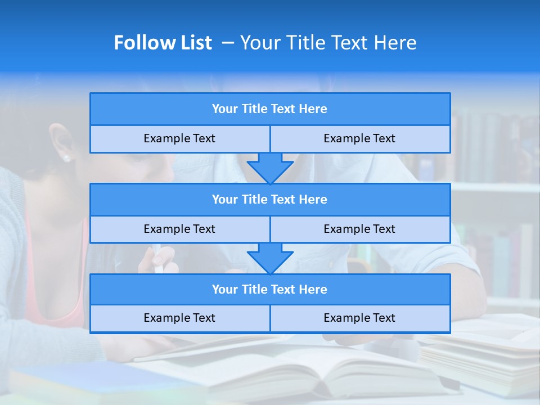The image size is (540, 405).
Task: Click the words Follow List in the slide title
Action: pos(163,43)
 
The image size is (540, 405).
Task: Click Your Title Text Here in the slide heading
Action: pos(328,43)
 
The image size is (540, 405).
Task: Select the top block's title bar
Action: pos(270,109)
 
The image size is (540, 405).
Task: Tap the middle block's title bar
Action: pos(270,200)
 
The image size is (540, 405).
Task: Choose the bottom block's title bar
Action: pos(270,290)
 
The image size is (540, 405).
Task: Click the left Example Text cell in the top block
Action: pos(179,139)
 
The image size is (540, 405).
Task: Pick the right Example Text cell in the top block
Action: pos(359,139)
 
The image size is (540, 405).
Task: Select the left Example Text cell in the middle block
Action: pos(179,229)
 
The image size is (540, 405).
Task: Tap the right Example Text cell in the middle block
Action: pos(359,229)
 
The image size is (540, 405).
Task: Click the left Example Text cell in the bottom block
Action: pos(179,318)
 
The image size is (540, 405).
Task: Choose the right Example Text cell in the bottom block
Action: pos(359,318)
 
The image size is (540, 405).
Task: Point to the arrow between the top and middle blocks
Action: pos(270,168)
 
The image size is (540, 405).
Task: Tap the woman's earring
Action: pos(66,158)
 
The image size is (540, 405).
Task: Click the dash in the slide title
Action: pos(228,43)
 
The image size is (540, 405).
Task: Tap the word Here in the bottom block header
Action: pos(313,290)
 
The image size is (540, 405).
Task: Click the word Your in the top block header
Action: pos(225,109)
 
